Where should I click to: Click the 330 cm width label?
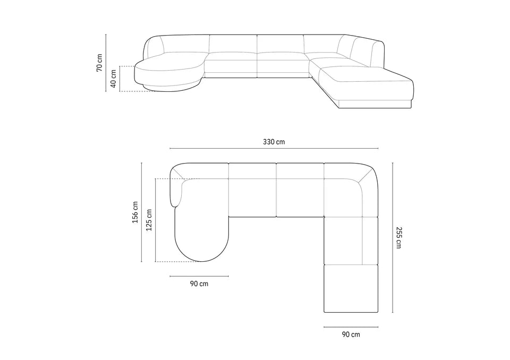pyautogui.click(x=274, y=142)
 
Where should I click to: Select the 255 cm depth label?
pyautogui.click(x=399, y=237)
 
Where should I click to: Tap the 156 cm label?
pyautogui.click(x=135, y=212)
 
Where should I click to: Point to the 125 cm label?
pyautogui.click(x=149, y=220)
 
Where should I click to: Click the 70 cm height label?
pyautogui.click(x=99, y=62)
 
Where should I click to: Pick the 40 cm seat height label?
pyautogui.click(x=113, y=79)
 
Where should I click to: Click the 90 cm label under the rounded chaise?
pyautogui.click(x=199, y=284)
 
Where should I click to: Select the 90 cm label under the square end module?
pyautogui.click(x=351, y=335)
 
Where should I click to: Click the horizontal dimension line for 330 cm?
pyautogui.click(x=274, y=149)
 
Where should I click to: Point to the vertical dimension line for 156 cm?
pyautogui.click(x=142, y=212)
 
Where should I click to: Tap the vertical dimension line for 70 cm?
pyautogui.click(x=106, y=63)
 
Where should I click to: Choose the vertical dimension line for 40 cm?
pyautogui.click(x=120, y=79)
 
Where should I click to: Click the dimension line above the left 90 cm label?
pyautogui.click(x=199, y=276)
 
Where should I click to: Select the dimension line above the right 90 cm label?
pyautogui.click(x=351, y=327)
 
